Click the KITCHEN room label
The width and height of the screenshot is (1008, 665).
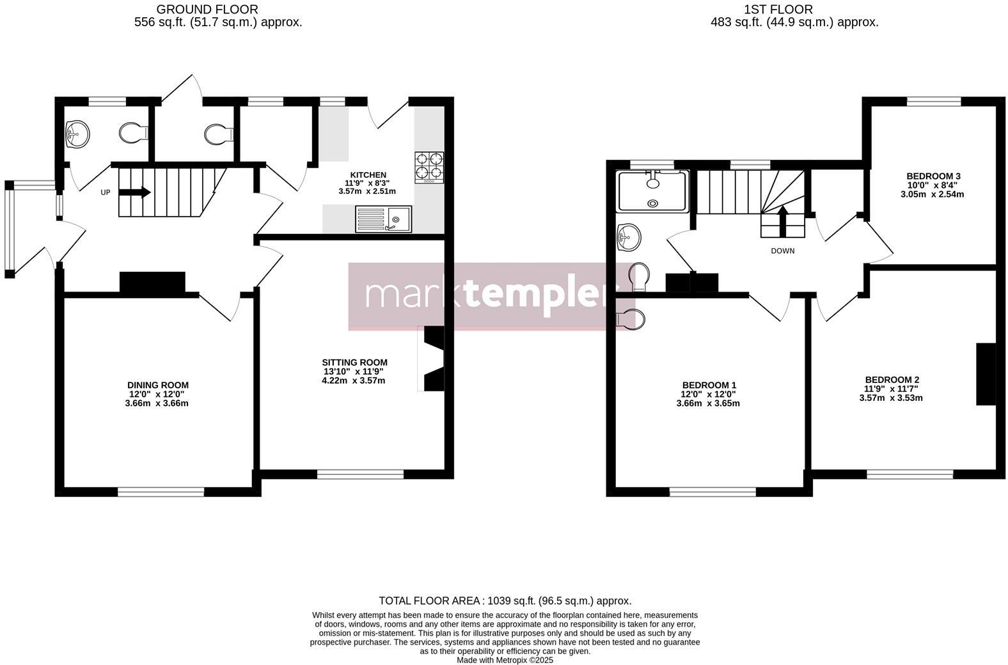click(368, 175)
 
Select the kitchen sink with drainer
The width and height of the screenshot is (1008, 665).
click(383, 219)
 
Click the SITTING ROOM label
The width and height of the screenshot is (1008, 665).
click(354, 362)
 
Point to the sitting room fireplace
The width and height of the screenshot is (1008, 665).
click(433, 358)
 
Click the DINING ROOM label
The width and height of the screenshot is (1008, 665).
click(157, 385)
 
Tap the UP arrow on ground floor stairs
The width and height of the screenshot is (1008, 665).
click(135, 192)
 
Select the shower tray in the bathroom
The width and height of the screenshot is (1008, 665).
click(652, 191)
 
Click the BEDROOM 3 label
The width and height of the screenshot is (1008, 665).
click(933, 176)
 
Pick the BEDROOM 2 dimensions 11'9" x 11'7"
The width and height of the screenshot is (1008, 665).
click(891, 389)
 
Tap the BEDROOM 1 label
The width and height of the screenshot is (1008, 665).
click(709, 385)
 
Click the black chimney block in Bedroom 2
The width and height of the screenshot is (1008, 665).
click(986, 374)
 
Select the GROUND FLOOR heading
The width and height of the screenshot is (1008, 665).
click(207, 9)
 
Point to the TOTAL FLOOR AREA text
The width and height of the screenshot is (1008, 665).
click(505, 600)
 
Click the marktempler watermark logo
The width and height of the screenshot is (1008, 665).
click(485, 295)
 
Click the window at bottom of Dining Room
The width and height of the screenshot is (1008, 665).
click(161, 492)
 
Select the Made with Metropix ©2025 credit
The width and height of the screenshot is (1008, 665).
click(505, 660)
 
